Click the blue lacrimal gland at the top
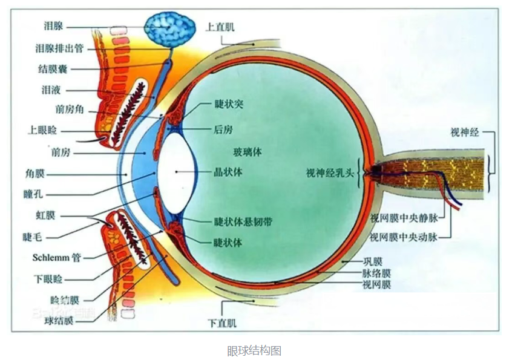tap(170, 30)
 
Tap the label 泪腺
tap(53, 26)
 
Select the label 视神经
tap(465, 133)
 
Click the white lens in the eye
tap(177, 172)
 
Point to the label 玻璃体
tap(248, 152)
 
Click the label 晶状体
tap(228, 172)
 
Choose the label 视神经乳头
tap(330, 173)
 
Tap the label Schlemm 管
tap(56, 258)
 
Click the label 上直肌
tap(220, 27)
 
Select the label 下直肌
tap(222, 323)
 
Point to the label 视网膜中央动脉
tap(404, 237)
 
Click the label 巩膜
tap(373, 262)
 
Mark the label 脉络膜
tap(377, 273)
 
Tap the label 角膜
tap(35, 174)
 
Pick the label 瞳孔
tap(33, 194)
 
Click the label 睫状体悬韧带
tap(243, 221)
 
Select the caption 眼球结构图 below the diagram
tap(254, 350)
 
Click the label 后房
tap(223, 129)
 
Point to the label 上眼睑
tap(42, 131)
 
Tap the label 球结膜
tap(59, 321)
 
